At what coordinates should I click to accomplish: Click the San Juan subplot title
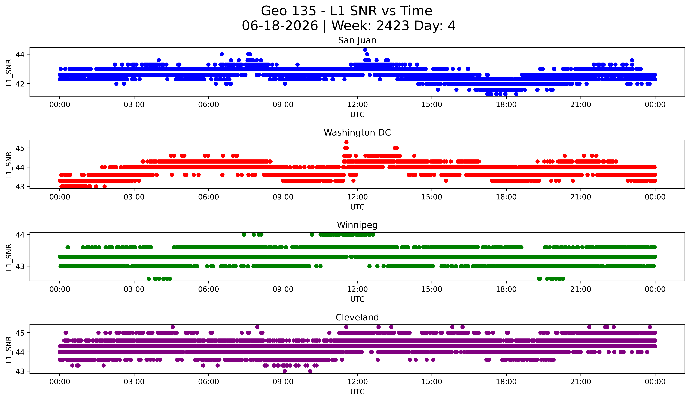(x=357, y=40)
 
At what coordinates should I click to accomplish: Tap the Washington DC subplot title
(x=357, y=133)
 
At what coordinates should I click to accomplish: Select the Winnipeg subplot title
(x=357, y=225)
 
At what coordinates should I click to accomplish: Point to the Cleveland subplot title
(x=357, y=317)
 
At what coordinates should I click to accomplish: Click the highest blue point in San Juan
(x=365, y=50)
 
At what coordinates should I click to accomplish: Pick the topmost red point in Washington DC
(x=346, y=142)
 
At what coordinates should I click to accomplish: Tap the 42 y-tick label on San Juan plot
(x=20, y=84)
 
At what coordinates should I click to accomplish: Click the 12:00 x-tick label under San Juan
(x=357, y=105)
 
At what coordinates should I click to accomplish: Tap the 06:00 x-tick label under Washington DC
(x=209, y=197)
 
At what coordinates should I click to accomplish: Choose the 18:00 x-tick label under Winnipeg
(x=506, y=289)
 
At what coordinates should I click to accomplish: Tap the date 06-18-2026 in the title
(x=280, y=26)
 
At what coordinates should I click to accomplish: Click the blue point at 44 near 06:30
(x=222, y=54)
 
